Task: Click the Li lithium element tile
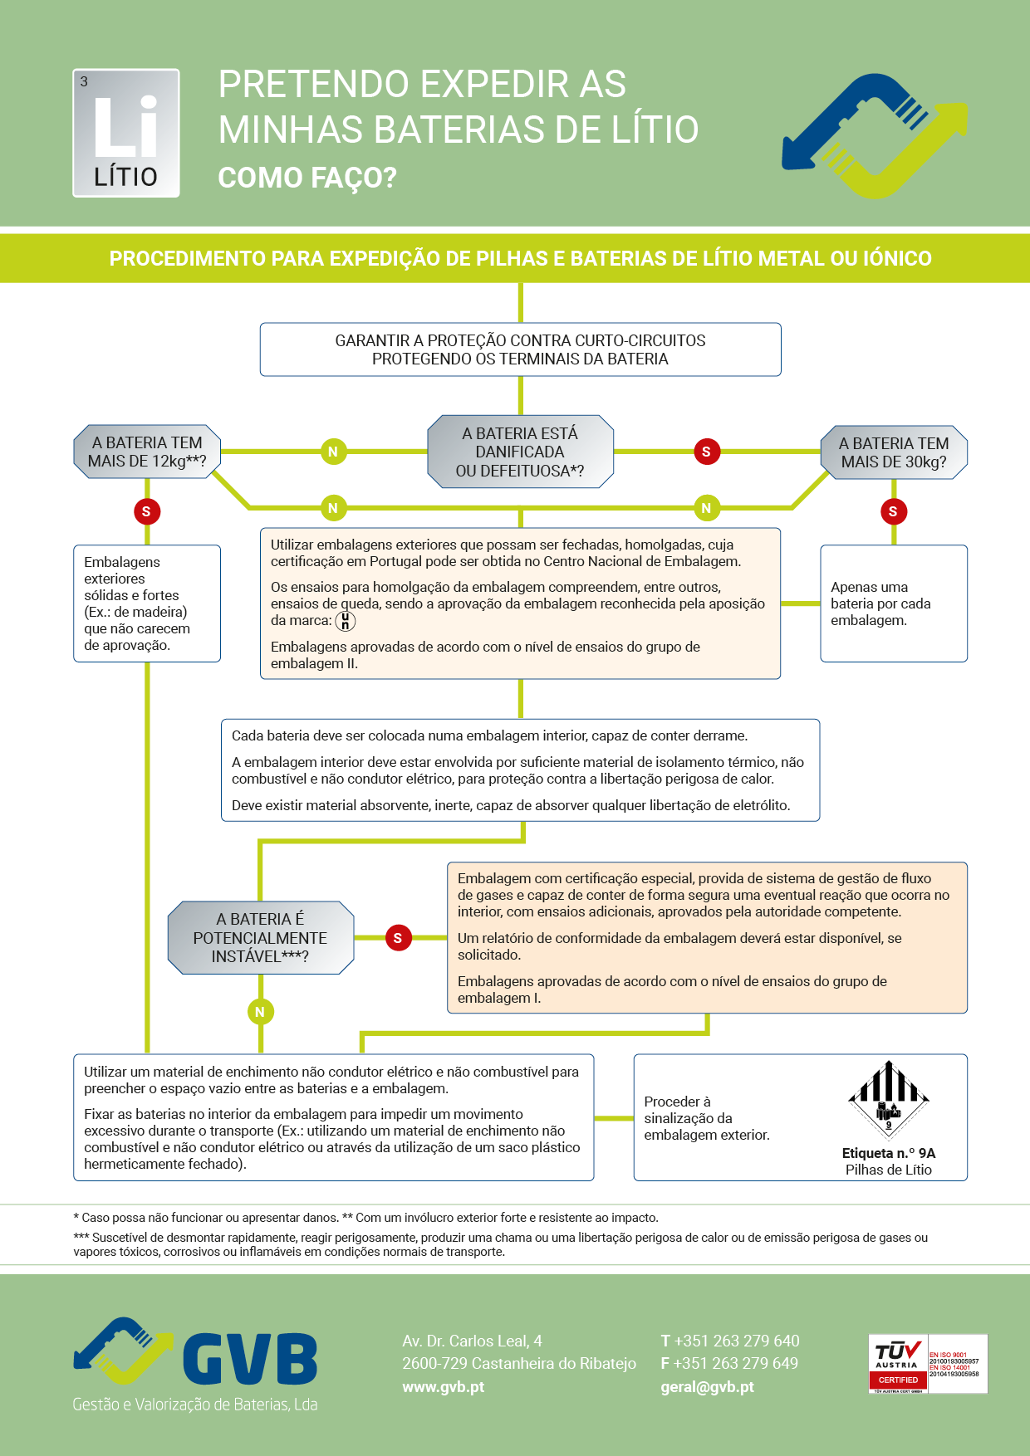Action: (x=126, y=133)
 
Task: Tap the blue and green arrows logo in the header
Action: (x=875, y=135)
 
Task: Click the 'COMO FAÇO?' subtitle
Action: (x=307, y=178)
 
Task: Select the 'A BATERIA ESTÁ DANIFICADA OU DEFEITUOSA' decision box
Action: (x=520, y=452)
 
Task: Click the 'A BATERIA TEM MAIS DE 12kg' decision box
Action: (x=147, y=452)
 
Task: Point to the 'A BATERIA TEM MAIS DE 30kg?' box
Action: (x=893, y=452)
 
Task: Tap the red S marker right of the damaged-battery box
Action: (x=706, y=452)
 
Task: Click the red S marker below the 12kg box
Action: (x=146, y=511)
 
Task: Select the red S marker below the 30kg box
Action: (x=893, y=511)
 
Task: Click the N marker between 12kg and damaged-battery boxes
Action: (x=333, y=452)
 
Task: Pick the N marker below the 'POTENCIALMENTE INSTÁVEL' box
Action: (x=260, y=1012)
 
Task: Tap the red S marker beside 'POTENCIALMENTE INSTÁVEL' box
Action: (x=398, y=938)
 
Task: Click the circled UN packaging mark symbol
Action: (x=345, y=621)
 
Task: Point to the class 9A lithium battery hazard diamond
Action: (x=889, y=1100)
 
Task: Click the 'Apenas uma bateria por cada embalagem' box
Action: (x=893, y=603)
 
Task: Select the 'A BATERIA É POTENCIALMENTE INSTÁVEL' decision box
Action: (x=260, y=938)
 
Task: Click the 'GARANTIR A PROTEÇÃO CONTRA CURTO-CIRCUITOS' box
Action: (x=520, y=349)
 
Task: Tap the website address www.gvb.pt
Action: (x=443, y=1386)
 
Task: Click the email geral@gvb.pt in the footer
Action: (x=707, y=1386)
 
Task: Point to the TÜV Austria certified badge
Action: (x=927, y=1363)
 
